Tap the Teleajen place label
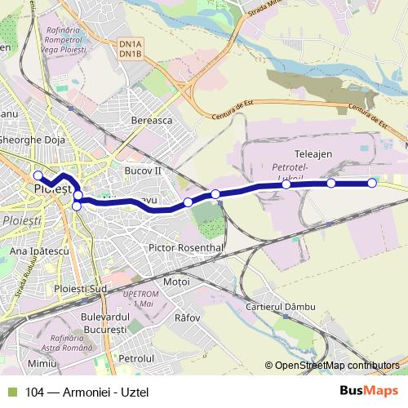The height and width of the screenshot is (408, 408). coord(311,153)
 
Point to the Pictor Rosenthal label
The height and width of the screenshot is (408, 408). coord(186,246)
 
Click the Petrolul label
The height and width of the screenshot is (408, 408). coord(136,357)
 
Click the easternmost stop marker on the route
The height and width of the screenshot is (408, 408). coord(372,183)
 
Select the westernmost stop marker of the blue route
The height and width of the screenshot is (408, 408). coord(38,175)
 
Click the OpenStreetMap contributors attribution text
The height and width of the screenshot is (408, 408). coord(336,366)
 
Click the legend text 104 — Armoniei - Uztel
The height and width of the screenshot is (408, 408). coord(81,392)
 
